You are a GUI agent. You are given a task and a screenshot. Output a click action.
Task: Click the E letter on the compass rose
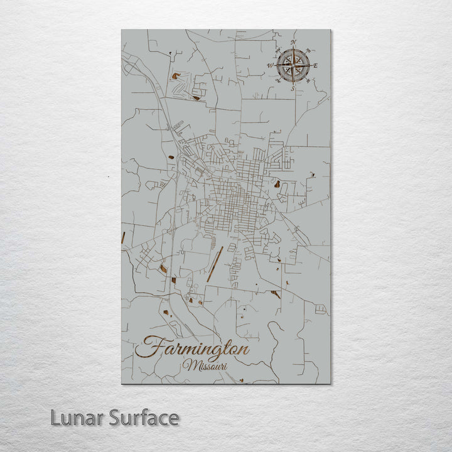[x=315, y=65]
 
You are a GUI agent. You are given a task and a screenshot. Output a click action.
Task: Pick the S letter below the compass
[x=291, y=89]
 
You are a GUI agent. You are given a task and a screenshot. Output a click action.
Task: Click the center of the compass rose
[x=293, y=64]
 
